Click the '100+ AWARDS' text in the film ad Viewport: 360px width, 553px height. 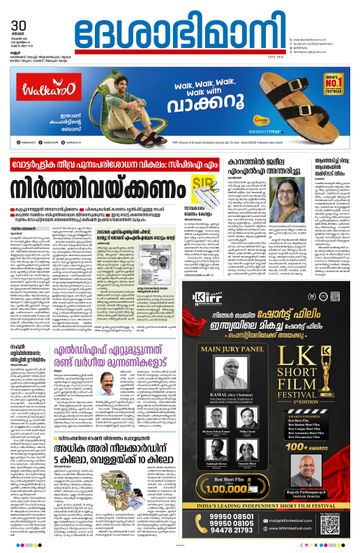(318, 463)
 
